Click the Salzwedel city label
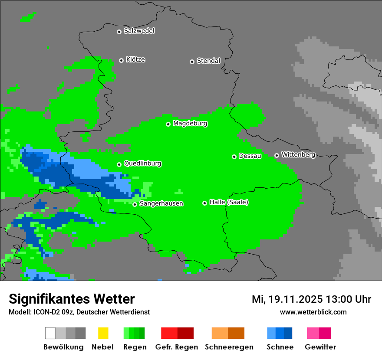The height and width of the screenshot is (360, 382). point(139,31)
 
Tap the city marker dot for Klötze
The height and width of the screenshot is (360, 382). point(122,60)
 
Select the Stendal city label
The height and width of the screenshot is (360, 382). point(208,61)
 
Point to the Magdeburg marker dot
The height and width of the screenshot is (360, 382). point(168,124)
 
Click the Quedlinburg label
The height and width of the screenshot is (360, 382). point(142,164)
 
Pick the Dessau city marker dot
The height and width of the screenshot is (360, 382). point(234,157)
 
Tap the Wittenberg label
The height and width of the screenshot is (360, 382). point(298,155)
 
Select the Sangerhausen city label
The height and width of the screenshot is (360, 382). point(161,204)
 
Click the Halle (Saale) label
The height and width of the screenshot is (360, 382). point(229,203)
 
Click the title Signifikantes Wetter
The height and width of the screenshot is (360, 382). point(72,299)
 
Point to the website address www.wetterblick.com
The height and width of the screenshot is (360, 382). point(313,312)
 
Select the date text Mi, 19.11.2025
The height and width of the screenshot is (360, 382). point(287,299)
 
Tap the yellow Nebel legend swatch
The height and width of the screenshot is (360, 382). point(103,333)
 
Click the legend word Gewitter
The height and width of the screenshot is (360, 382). point(320,347)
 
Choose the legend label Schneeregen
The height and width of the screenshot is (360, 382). point(229,347)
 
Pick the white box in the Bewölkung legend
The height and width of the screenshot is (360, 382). point(50,333)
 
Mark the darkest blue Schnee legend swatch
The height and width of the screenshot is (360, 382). point(288,333)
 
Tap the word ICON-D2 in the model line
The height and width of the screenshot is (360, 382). point(45,312)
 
